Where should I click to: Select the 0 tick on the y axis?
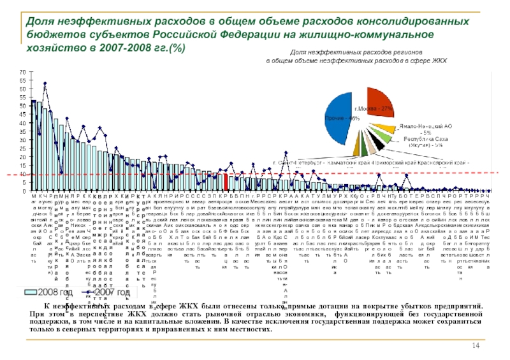pyautogui.click(x=25, y=191)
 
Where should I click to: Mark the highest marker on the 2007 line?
pyautogui.click(x=45, y=83)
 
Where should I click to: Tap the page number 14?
pyautogui.click(x=475, y=345)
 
